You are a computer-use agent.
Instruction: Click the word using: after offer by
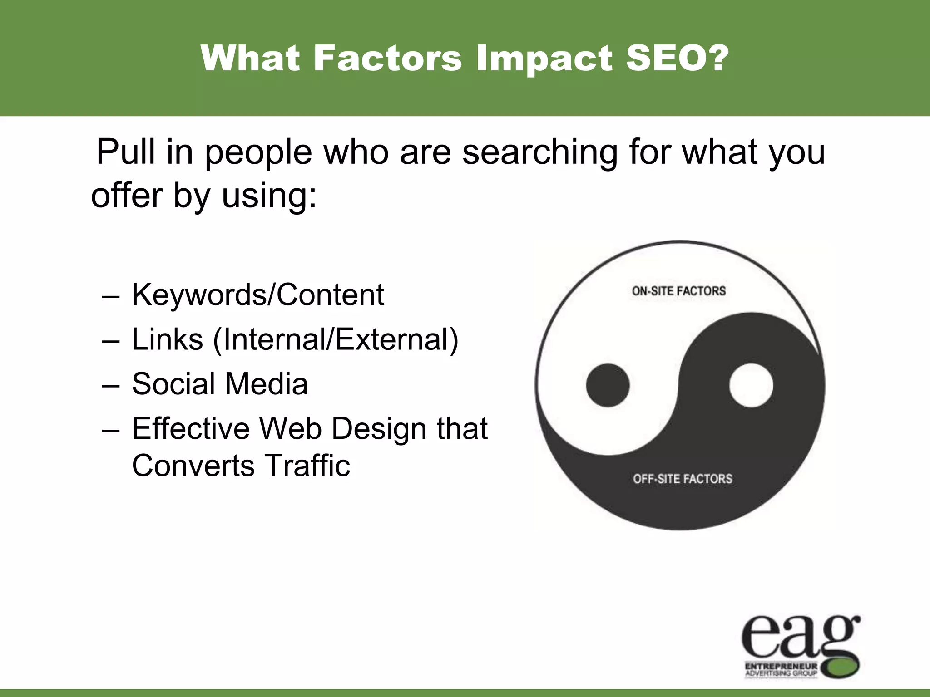tap(269, 196)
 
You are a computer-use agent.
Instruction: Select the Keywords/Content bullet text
tap(257, 295)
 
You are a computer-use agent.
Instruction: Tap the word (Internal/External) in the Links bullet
tap(336, 339)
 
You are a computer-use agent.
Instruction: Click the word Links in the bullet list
tap(167, 339)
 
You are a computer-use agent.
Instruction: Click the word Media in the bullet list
tap(266, 384)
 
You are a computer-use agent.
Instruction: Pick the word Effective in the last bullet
tap(190, 428)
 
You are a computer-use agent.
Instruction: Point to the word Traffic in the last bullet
tap(307, 466)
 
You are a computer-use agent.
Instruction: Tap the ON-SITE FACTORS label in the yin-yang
tap(678, 291)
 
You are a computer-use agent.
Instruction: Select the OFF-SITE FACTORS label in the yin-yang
tap(683, 479)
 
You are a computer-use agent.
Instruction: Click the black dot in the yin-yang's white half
tap(608, 385)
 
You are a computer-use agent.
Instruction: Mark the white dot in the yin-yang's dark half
tap(751, 385)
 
